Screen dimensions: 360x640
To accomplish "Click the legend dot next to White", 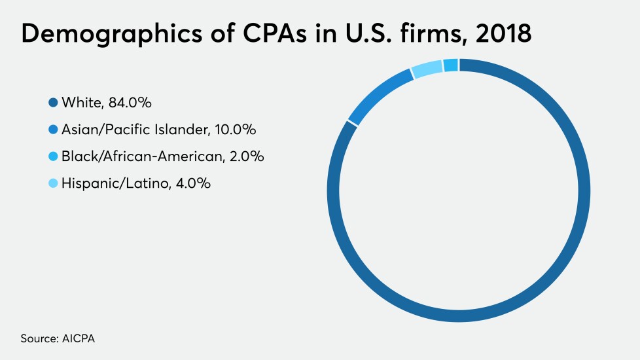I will click(53, 103).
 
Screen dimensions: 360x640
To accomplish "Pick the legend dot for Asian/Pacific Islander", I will click(53, 130).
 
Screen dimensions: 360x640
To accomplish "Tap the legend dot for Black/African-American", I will click(53, 156).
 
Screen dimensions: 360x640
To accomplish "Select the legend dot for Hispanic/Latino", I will click(53, 183).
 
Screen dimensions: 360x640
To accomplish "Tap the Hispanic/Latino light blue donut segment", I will click(427, 69).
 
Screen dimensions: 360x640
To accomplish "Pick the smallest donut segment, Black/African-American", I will click(450, 65).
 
